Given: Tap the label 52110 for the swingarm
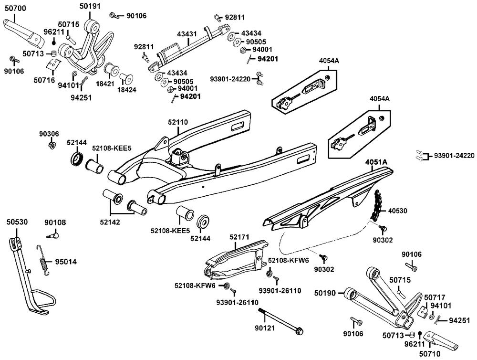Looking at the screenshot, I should (178, 122).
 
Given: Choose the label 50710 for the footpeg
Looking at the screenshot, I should (431, 354).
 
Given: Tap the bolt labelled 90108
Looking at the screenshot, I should (55, 234).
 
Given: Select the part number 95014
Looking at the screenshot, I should (65, 262).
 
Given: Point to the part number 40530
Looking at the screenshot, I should (398, 210).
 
